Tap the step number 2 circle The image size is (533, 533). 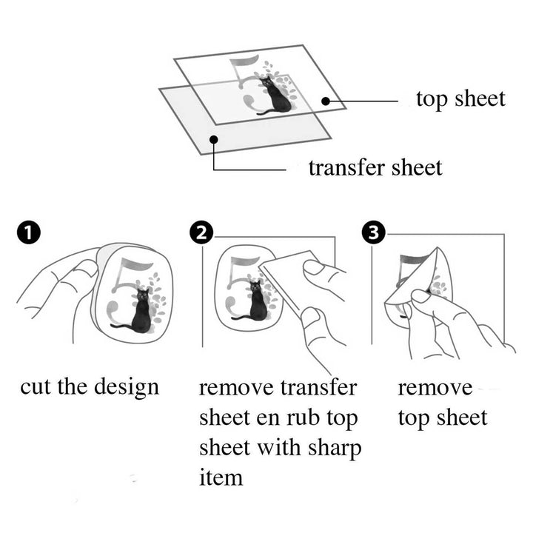click(x=201, y=234)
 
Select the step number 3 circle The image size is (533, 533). click(x=374, y=234)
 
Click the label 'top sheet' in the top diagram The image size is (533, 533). click(x=460, y=98)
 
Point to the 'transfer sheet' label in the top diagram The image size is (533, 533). click(x=375, y=168)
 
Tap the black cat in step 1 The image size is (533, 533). click(x=141, y=311)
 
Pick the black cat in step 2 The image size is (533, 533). click(x=256, y=302)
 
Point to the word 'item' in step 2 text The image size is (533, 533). click(x=221, y=477)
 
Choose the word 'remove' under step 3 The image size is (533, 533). click(x=434, y=388)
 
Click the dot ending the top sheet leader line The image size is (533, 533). click(x=324, y=101)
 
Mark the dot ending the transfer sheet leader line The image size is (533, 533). click(x=214, y=138)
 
